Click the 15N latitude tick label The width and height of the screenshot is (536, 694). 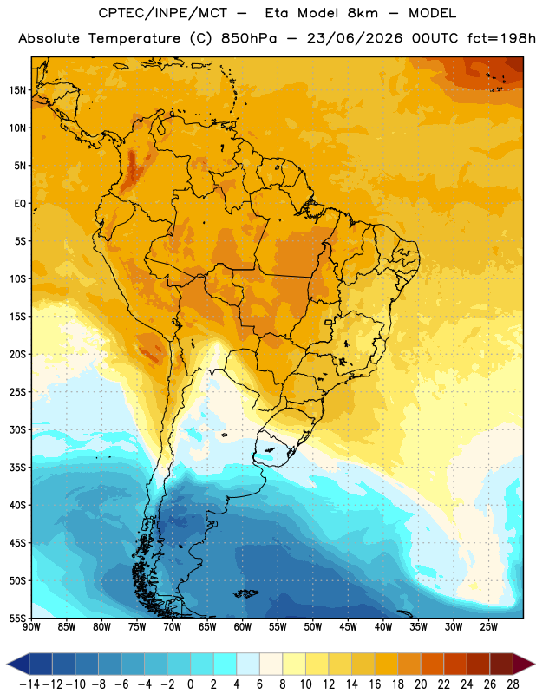click(x=17, y=90)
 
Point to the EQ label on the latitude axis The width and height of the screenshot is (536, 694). click(x=20, y=204)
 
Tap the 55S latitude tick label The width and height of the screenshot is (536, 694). click(x=17, y=619)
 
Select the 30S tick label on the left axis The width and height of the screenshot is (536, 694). click(x=17, y=429)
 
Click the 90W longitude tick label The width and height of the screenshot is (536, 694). click(x=31, y=627)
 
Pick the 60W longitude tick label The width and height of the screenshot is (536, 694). click(x=243, y=627)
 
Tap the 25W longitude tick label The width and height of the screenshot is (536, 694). click(x=488, y=627)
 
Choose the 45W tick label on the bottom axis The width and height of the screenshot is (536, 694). click(x=348, y=627)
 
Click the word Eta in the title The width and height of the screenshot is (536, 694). click(x=277, y=13)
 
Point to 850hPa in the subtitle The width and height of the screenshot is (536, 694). click(x=249, y=38)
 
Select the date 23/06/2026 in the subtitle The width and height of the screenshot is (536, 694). click(x=355, y=38)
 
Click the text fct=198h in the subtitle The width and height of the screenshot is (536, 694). click(x=501, y=38)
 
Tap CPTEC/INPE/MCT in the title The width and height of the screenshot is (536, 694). click(x=162, y=13)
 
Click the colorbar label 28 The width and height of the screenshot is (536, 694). click(x=513, y=684)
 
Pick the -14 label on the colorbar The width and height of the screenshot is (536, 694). click(x=29, y=684)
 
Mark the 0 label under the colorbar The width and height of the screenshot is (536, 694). click(x=190, y=684)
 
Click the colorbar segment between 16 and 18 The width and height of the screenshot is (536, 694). click(x=386, y=664)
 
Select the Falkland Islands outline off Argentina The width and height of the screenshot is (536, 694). click(x=245, y=593)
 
